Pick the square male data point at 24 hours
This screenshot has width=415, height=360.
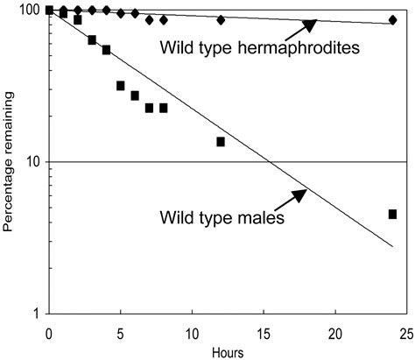click(x=392, y=214)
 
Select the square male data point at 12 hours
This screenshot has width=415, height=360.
click(x=221, y=141)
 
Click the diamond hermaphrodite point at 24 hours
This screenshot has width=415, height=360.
click(x=392, y=19)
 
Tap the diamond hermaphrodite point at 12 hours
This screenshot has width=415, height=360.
click(x=221, y=19)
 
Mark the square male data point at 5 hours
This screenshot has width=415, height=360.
click(x=121, y=85)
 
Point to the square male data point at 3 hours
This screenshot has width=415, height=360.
click(x=92, y=39)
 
